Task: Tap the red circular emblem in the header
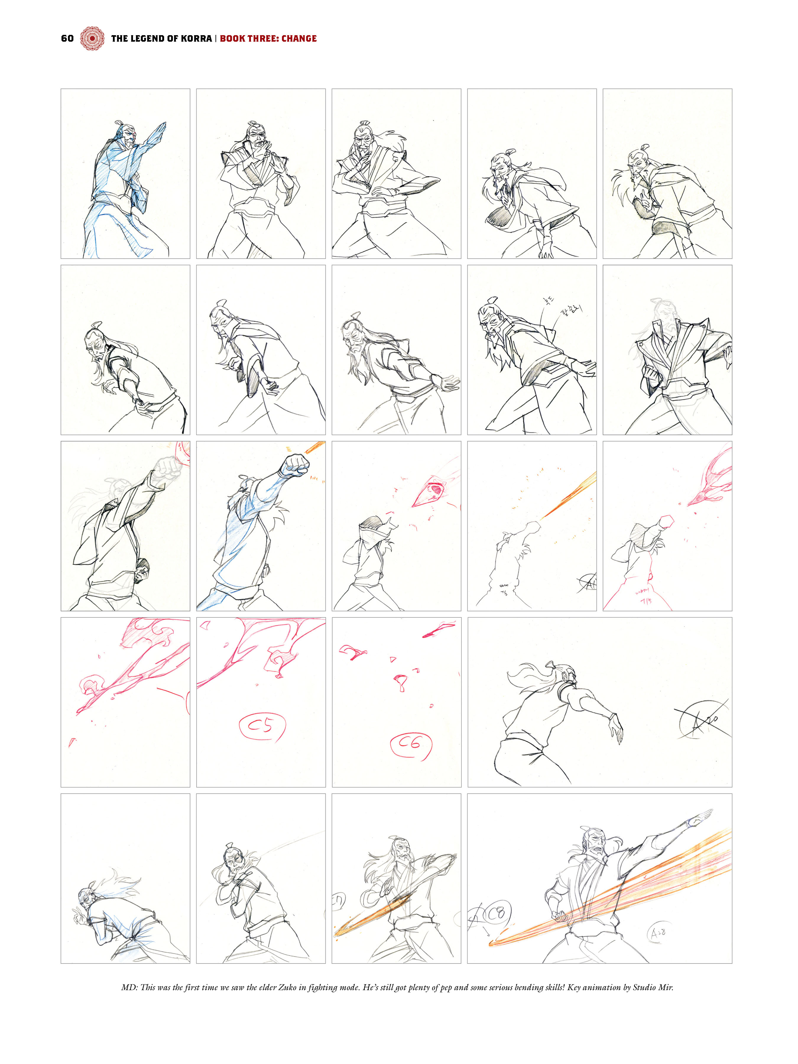(x=92, y=38)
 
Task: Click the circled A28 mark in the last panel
(x=658, y=933)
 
